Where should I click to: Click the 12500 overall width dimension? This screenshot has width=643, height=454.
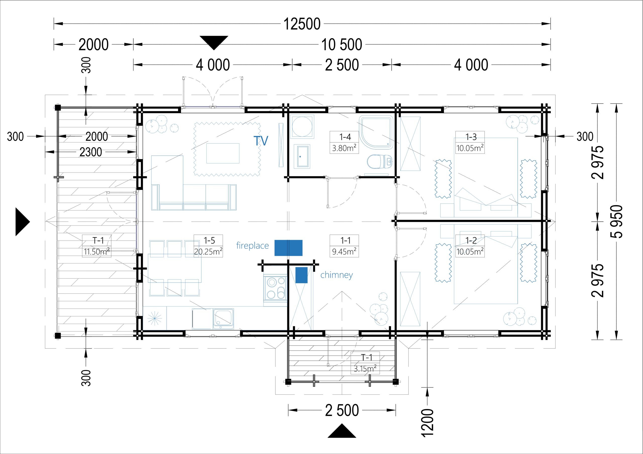tap(302, 24)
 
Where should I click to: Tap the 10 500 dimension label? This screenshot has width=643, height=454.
tap(341, 44)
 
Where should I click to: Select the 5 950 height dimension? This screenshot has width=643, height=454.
tap(616, 221)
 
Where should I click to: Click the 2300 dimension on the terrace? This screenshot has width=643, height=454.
tap(90, 152)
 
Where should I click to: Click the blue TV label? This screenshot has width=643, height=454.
tap(261, 141)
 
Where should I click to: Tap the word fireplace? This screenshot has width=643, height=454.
tap(252, 246)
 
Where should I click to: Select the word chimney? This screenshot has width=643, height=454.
tap(337, 275)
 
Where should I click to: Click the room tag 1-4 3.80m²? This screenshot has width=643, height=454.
tap(344, 142)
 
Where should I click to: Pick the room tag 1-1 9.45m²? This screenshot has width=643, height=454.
tap(344, 246)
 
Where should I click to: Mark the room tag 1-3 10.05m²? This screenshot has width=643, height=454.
tap(470, 142)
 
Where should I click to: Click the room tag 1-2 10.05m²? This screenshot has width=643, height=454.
tap(470, 246)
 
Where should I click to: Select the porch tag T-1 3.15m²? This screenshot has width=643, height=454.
tap(365, 363)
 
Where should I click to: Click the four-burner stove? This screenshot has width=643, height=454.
tap(275, 288)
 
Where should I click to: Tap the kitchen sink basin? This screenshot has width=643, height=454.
tap(223, 319)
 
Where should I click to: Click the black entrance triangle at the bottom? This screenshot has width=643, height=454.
tap(342, 431)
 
